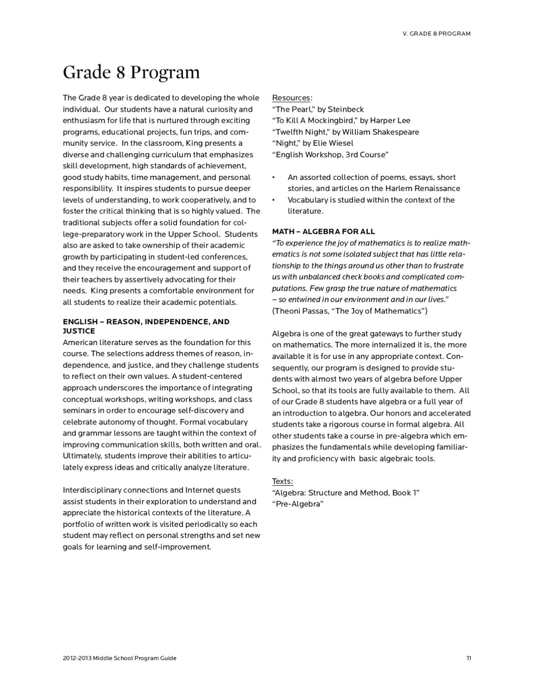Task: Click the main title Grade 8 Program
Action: tap(131, 72)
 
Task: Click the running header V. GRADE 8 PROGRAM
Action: tap(436, 34)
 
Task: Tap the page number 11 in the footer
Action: tap(468, 658)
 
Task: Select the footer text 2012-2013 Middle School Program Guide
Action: tap(119, 658)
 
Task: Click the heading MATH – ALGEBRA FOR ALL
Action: tap(323, 232)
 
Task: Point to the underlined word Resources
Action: tap(291, 98)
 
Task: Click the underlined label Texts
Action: tap(282, 481)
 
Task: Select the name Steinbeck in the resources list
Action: tap(346, 109)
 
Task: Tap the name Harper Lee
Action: tap(390, 120)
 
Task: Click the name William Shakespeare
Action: tap(381, 132)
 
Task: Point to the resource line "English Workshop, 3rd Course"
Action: tap(330, 155)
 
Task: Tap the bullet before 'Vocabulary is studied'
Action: tap(274, 200)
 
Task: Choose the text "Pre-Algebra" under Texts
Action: tap(298, 504)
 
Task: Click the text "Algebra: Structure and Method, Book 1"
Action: tap(346, 493)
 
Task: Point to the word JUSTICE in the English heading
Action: tap(79, 331)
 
